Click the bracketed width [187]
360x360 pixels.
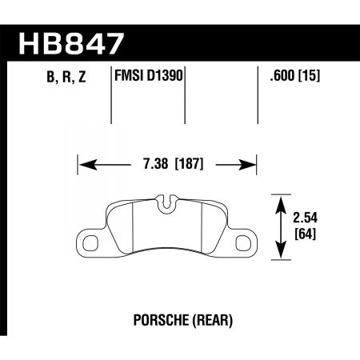tap(184, 166)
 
